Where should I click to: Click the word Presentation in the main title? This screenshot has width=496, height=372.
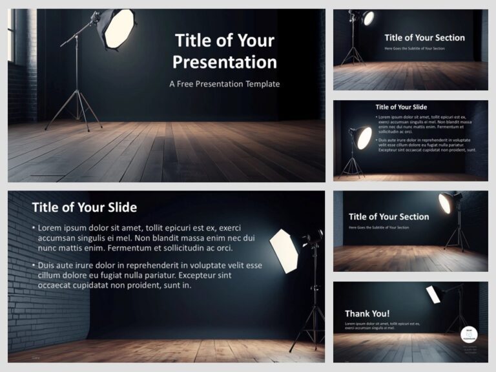click(225, 62)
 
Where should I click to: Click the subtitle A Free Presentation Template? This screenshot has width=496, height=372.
click(224, 84)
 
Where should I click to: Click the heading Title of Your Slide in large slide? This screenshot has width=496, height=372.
click(84, 207)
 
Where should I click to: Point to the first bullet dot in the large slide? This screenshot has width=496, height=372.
click(34, 229)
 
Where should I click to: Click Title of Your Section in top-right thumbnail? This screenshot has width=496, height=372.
click(424, 37)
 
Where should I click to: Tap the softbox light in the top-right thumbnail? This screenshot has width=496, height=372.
click(367, 18)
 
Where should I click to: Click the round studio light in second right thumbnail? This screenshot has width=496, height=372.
click(364, 137)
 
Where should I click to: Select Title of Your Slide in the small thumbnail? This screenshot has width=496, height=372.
click(401, 107)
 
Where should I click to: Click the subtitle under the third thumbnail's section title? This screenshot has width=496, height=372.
click(378, 227)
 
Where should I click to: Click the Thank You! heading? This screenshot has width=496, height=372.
click(367, 314)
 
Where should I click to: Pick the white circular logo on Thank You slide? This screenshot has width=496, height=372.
click(470, 334)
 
